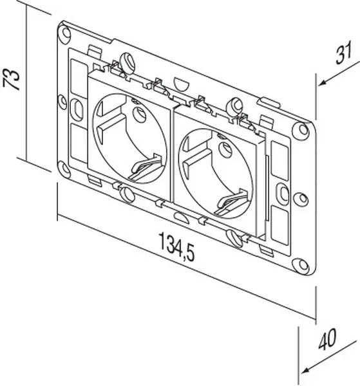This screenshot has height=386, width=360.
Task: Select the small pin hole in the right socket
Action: click(225, 150)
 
